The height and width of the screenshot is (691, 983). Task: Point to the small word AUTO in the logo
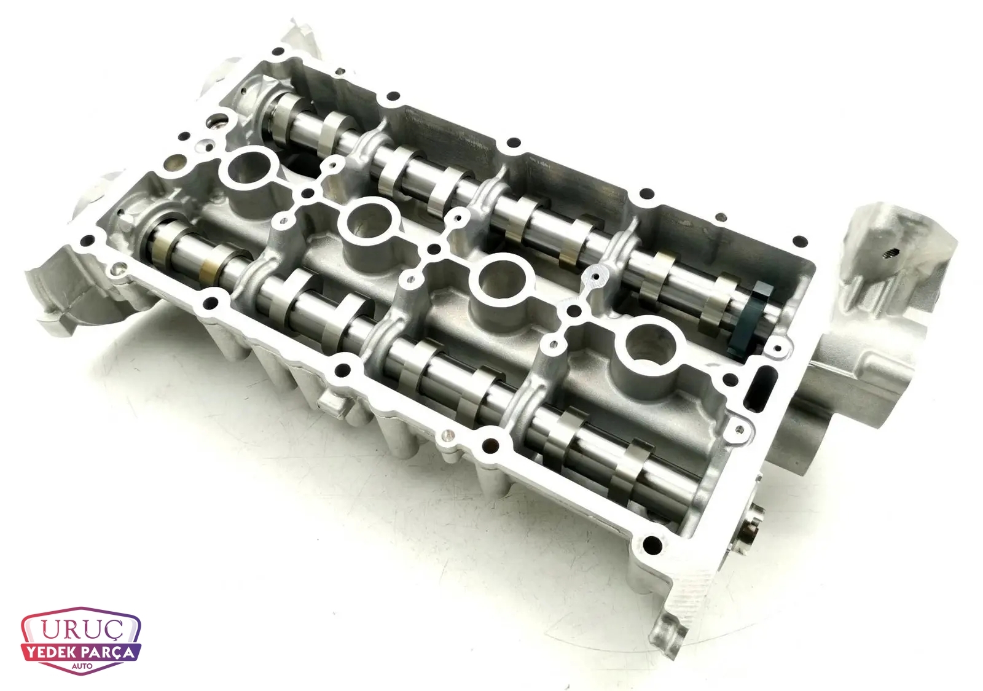point(82,666)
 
